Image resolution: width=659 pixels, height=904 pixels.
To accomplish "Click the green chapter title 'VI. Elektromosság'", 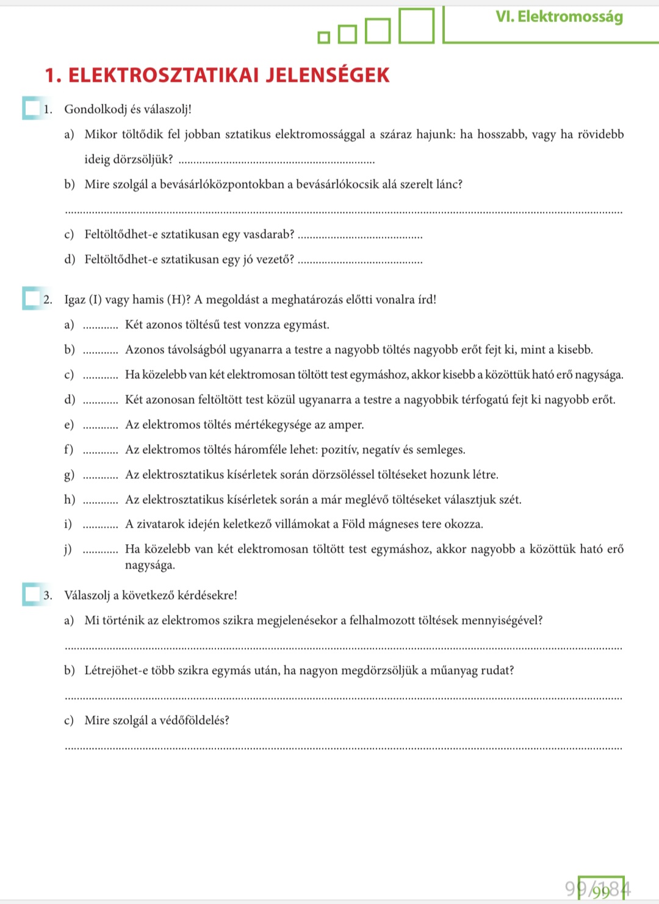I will [559, 16].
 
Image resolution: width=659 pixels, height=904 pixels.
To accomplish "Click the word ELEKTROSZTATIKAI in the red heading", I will [164, 75].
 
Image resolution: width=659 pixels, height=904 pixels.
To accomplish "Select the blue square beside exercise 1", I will [31, 108].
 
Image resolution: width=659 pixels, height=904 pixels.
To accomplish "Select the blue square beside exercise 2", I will [31, 298].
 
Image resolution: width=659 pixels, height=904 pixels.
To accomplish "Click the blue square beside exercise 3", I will [31, 594].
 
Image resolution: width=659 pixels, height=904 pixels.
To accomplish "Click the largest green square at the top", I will [416, 26].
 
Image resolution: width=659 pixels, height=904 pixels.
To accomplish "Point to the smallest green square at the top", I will [324, 38].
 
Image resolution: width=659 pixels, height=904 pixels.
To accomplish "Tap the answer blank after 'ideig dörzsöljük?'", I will [278, 160].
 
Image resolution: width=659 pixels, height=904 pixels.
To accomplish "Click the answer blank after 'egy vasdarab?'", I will [361, 235].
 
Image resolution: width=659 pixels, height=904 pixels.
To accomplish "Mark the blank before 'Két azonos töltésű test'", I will [100, 326].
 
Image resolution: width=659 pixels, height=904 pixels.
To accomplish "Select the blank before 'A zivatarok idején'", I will [100, 525].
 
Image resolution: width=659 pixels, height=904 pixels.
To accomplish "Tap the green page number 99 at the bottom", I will [601, 891].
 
